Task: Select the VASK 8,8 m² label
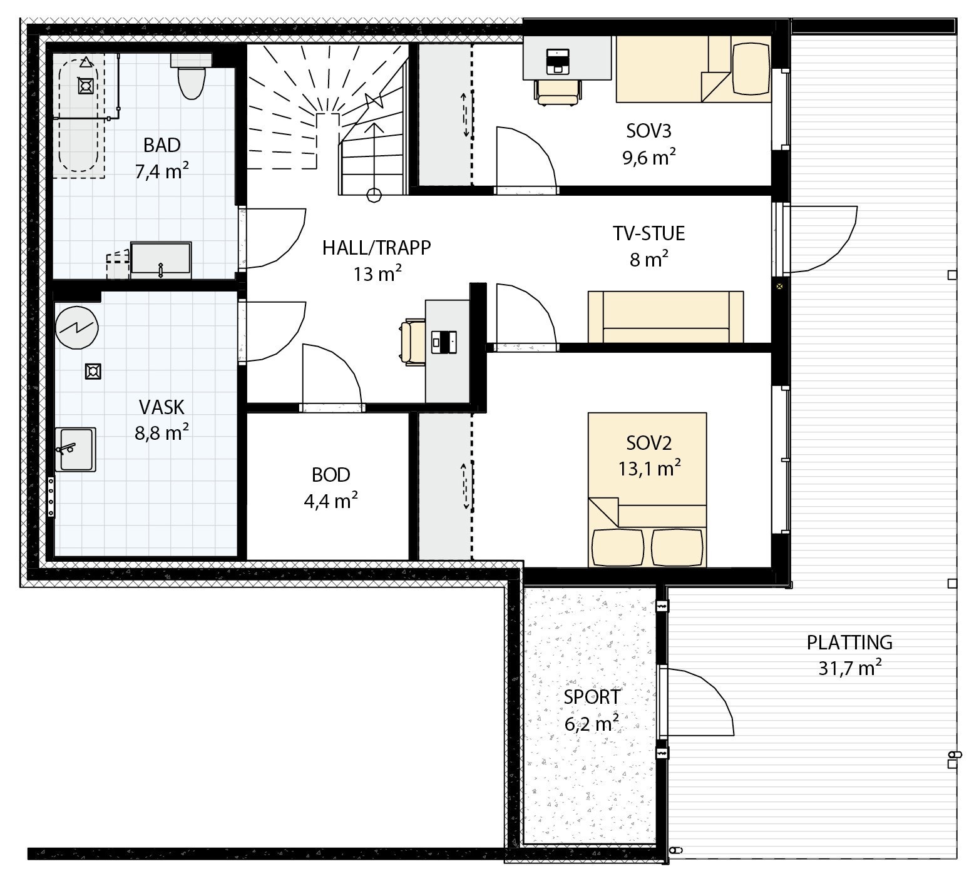point(161,419)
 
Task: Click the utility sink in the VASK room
point(75,449)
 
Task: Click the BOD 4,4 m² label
point(331,487)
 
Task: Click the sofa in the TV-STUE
point(665,317)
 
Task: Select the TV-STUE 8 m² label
point(648,245)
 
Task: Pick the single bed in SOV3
point(693,69)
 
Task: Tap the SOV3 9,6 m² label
point(648,143)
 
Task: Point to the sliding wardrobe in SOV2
point(445,487)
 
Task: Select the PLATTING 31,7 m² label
point(849,654)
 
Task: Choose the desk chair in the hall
point(414,342)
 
